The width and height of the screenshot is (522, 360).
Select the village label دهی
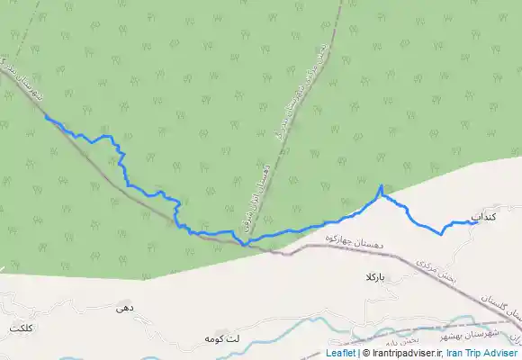coord(125,308)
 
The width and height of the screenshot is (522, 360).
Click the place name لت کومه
coord(220,338)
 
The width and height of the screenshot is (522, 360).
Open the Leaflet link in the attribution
coord(340,354)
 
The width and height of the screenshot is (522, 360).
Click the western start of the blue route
coord(46,117)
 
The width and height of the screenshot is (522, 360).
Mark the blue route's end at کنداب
coord(476,222)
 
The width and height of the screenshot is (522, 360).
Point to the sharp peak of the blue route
coord(382,186)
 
